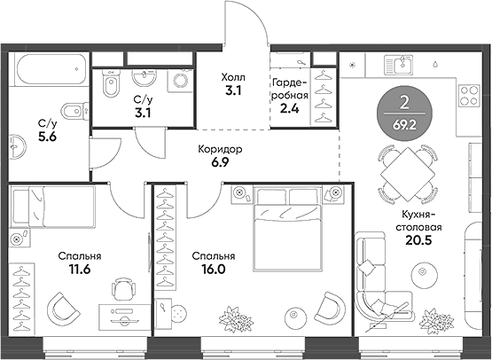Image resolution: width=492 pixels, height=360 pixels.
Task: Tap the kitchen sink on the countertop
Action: click(x=399, y=65)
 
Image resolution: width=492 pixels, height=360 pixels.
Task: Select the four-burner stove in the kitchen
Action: click(x=470, y=95)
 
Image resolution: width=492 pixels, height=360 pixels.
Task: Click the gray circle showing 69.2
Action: click(x=404, y=113)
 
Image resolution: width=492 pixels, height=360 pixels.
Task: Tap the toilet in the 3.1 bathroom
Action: click(x=111, y=82)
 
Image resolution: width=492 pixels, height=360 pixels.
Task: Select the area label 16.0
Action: click(x=214, y=270)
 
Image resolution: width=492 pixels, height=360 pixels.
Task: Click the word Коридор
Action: click(x=220, y=149)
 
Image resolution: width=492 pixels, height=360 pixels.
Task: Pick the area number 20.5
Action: click(x=418, y=240)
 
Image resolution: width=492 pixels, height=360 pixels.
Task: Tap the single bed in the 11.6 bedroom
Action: click(x=52, y=207)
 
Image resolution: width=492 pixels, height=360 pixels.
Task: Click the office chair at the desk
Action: click(x=123, y=289)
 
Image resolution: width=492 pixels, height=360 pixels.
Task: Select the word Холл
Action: click(x=233, y=77)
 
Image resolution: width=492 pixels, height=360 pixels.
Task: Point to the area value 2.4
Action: click(x=290, y=108)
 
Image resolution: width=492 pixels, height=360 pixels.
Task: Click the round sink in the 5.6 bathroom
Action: click(x=17, y=147)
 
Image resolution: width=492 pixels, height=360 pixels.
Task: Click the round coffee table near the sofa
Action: click(x=425, y=271)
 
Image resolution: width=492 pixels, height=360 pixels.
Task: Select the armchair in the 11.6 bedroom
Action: click(x=62, y=308)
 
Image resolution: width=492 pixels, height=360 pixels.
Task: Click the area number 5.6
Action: click(x=47, y=137)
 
